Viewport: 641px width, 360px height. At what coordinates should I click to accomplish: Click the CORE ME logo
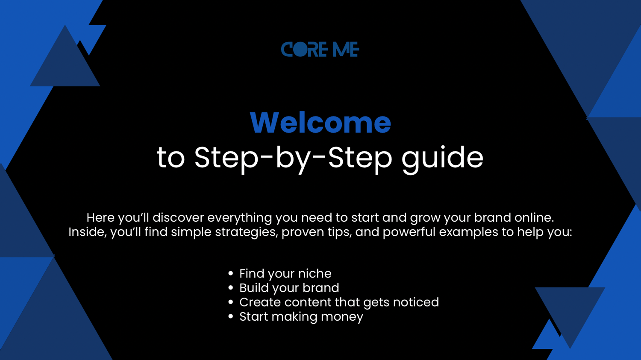point(320,49)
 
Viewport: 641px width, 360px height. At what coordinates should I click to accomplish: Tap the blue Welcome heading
point(320,123)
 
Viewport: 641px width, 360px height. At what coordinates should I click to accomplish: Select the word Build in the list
point(254,288)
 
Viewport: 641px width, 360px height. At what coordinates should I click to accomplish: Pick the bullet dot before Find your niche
point(231,273)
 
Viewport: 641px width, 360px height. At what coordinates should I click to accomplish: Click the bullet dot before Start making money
point(231,316)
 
